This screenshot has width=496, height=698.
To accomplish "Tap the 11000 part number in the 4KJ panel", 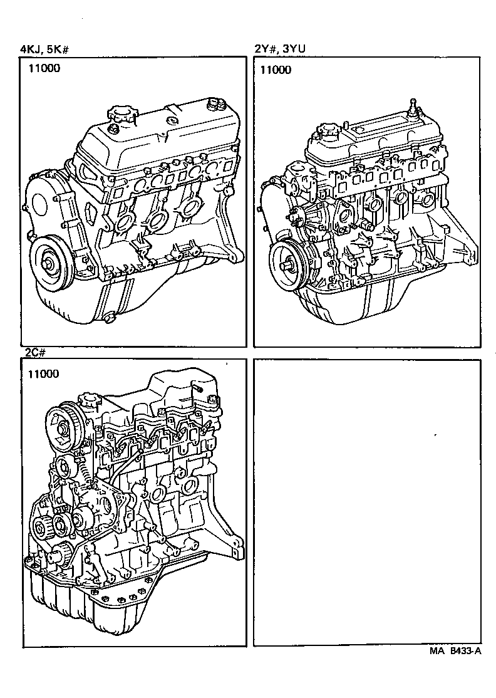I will point(44,69).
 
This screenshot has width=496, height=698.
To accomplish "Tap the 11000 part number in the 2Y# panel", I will point(276,70).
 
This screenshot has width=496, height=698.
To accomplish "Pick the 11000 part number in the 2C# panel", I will point(44,374).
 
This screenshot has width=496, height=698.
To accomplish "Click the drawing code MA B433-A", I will point(455,651).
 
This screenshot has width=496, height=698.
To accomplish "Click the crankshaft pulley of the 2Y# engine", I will point(287,263).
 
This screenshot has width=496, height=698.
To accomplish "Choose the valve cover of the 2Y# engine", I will point(376,141).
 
